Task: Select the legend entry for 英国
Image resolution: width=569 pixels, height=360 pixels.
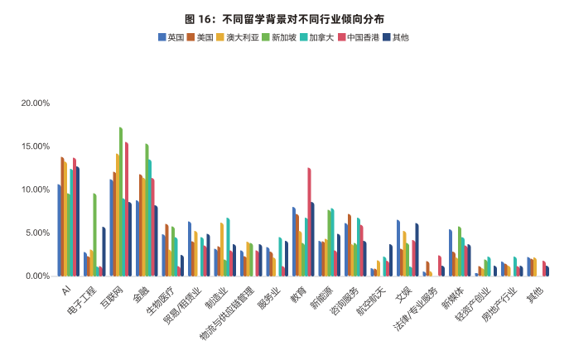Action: pos(171,37)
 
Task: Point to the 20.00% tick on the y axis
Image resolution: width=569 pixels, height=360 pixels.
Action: pos(35,103)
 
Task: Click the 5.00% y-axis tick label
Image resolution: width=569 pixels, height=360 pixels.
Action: pos(37,233)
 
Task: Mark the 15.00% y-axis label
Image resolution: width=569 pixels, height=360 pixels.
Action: pos(35,146)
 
